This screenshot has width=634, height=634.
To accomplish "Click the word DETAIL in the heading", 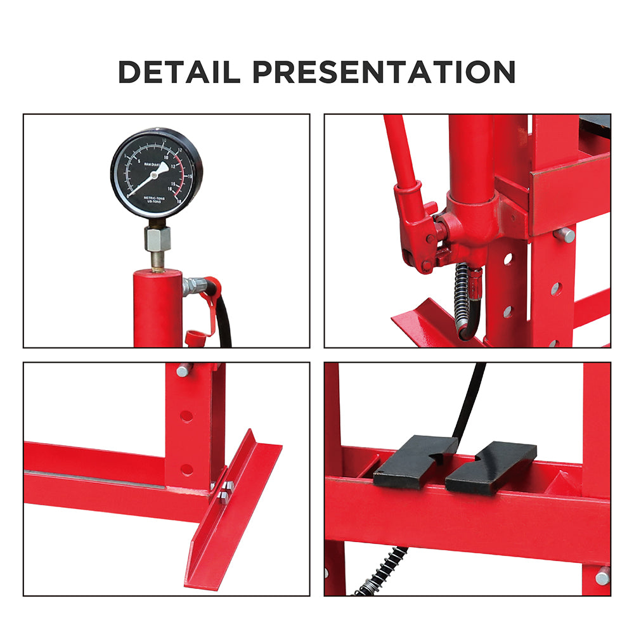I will (x=179, y=72).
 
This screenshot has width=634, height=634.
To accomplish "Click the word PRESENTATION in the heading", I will (x=384, y=72).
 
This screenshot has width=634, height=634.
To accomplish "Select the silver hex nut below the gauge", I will (x=157, y=239).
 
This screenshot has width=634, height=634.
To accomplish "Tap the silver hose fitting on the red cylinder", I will (x=191, y=286).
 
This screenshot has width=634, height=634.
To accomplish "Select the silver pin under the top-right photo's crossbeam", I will (x=564, y=235).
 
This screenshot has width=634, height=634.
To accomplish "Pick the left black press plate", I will (x=413, y=460).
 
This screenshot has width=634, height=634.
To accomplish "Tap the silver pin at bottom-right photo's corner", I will (x=602, y=576).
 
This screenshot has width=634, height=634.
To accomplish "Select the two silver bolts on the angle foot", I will (x=226, y=492).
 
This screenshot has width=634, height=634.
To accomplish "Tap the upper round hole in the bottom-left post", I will (x=186, y=417).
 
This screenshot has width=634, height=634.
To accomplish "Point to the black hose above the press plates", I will (x=470, y=399).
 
